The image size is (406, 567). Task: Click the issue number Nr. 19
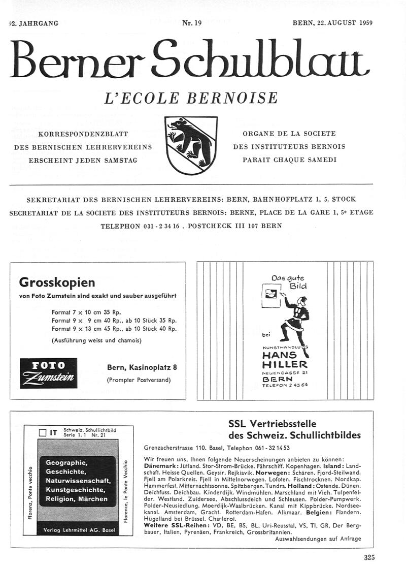(x=192, y=23)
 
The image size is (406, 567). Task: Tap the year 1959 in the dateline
(x=365, y=23)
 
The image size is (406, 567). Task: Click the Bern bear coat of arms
(x=184, y=144)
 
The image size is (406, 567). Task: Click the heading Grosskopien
(x=57, y=282)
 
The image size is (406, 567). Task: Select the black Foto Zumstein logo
(x=49, y=373)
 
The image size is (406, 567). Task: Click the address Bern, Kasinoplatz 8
(x=142, y=367)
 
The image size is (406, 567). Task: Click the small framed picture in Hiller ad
(x=270, y=295)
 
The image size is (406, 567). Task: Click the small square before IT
(x=43, y=433)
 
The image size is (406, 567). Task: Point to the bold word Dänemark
(x=161, y=466)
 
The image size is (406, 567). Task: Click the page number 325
(x=369, y=557)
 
